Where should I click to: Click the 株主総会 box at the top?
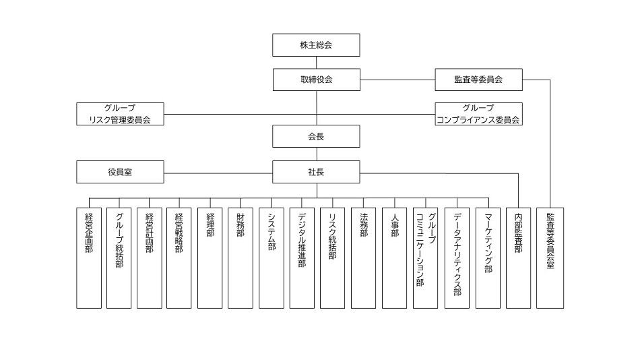[316, 45]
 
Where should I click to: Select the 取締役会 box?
[316, 80]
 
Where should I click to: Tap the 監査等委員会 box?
[478, 80]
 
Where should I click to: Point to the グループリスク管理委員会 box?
[120, 114]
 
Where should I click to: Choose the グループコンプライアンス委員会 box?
[478, 114]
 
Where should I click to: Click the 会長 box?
[316, 136]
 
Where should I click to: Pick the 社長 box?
[316, 171]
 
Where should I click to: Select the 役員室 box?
[120, 171]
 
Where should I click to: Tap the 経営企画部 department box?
[89, 258]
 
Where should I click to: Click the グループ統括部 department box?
[119, 258]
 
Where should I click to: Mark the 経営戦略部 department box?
[180, 258]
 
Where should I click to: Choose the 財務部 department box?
[241, 258]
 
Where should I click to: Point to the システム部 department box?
[271, 258]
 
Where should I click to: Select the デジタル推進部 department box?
[302, 258]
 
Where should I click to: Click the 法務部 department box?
[363, 258]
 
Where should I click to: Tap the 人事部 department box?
[394, 258]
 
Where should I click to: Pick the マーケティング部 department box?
[488, 258]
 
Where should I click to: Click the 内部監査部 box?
[518, 258]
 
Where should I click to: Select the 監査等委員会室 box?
[550, 258]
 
